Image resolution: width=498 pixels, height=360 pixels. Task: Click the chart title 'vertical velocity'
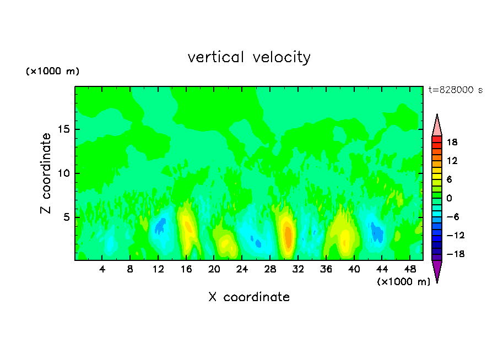point(249,57)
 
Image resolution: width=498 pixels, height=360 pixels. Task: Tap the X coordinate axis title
point(249,297)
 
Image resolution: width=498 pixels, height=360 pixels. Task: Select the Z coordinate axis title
point(46,173)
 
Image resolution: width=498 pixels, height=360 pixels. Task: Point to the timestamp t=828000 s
point(455,90)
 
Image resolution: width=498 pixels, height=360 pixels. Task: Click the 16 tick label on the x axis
point(187,269)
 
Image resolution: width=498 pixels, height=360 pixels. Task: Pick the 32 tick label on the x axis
point(299,269)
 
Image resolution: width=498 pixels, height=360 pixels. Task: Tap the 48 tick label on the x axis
point(410,269)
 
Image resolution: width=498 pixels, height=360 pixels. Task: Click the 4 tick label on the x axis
point(102,269)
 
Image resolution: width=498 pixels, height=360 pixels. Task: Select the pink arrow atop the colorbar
point(437,126)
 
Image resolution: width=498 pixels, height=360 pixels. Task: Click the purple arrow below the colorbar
point(437,270)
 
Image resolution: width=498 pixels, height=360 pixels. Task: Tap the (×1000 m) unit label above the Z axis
point(52,72)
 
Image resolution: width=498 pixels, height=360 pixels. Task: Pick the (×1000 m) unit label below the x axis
point(403,282)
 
